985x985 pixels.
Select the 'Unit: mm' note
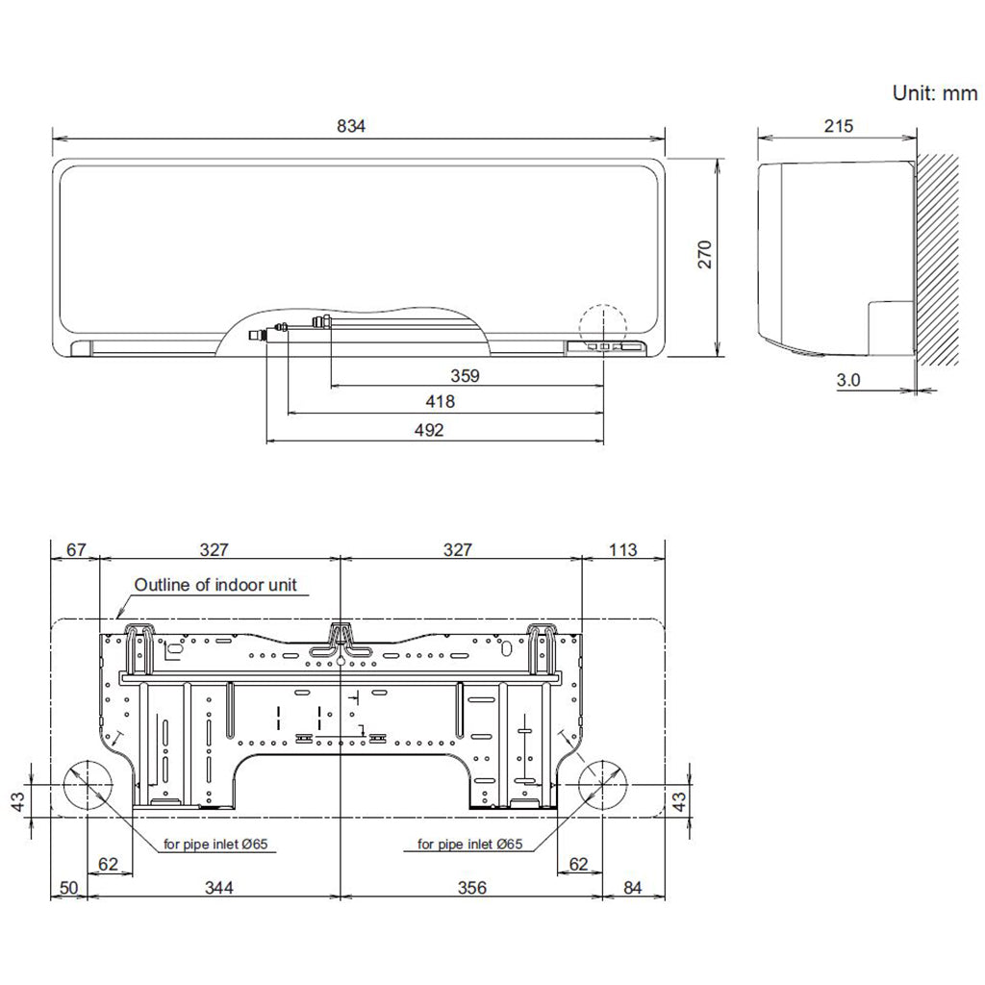[935, 94]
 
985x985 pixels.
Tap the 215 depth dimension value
[838, 126]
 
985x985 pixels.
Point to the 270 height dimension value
[705, 255]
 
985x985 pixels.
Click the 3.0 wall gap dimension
[848, 380]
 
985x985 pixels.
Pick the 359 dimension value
[465, 375]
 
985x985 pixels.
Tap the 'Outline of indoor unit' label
[215, 584]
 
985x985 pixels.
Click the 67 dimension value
[74, 549]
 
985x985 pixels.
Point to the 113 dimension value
[623, 549]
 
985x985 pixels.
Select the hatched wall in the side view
[938, 260]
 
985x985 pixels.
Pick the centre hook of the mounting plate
[340, 640]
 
